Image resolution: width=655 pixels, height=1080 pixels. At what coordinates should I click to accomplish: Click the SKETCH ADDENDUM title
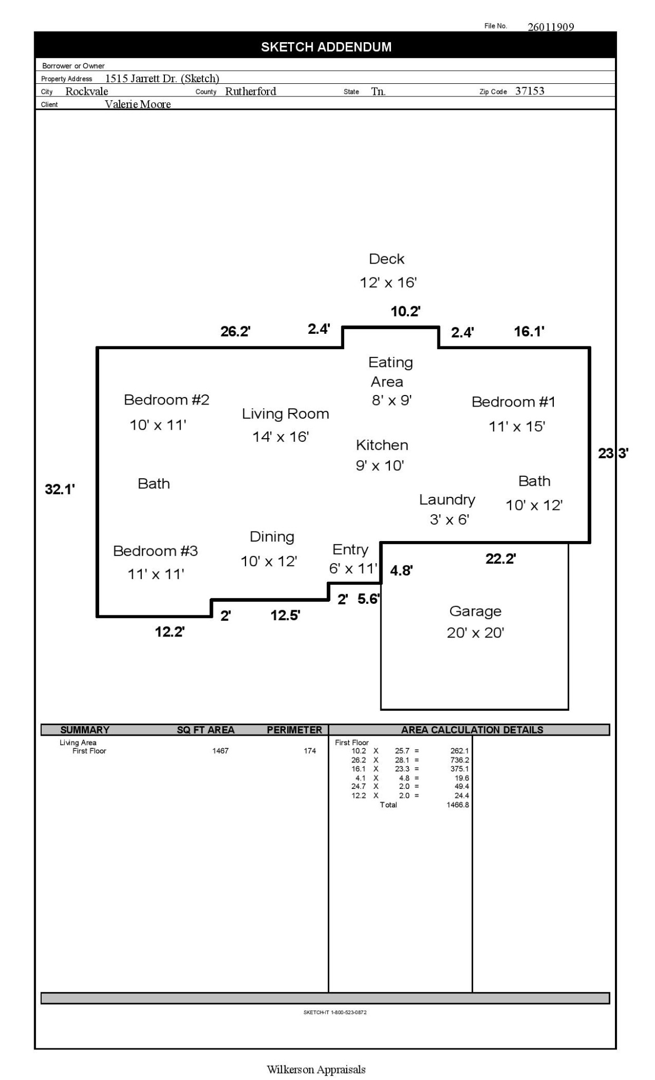pos(326,47)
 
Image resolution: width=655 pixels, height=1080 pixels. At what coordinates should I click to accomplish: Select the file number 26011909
pos(551,27)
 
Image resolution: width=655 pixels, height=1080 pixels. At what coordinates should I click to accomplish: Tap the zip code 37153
pos(530,91)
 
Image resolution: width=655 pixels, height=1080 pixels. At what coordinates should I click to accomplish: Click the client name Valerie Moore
pos(138,104)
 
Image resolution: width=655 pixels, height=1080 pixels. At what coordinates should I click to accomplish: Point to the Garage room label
pos(475,611)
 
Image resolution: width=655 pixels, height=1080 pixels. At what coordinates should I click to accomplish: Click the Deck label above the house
pos(387,259)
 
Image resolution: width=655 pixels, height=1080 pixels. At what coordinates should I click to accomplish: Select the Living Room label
pos(285,414)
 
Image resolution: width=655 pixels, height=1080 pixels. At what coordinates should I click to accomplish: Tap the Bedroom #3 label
pos(155,551)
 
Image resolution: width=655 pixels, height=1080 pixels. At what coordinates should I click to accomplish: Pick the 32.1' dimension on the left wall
pos(60,489)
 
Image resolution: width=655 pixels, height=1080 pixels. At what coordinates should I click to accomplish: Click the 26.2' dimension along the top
pos(235,332)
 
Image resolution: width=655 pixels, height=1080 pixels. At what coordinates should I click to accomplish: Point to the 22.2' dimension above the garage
pos(500,559)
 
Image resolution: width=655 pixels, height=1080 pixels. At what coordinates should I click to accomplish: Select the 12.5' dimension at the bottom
pos(285,615)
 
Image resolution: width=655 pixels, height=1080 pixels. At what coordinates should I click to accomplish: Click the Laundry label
pos(447,499)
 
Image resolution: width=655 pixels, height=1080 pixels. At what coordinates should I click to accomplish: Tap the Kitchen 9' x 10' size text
pos(379,466)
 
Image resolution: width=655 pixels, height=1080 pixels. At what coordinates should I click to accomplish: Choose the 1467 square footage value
pos(220,751)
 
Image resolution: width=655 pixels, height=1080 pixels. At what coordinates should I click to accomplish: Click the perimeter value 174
pos(310,751)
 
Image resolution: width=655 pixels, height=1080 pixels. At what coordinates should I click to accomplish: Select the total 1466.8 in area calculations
pos(457,805)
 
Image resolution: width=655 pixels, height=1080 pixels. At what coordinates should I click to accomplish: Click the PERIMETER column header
pos(294,730)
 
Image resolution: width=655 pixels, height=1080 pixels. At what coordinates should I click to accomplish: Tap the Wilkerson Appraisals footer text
pos(316,1069)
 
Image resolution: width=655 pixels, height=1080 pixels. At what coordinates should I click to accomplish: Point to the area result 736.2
pos(460,760)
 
